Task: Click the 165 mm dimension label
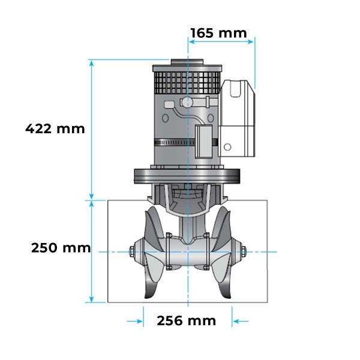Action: click(x=218, y=32)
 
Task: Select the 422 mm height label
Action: click(x=55, y=128)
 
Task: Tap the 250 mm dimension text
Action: click(x=61, y=248)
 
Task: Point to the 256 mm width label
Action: click(x=186, y=321)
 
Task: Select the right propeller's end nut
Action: click(x=244, y=252)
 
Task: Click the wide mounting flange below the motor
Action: click(x=187, y=176)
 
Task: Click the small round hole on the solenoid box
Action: click(x=229, y=146)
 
